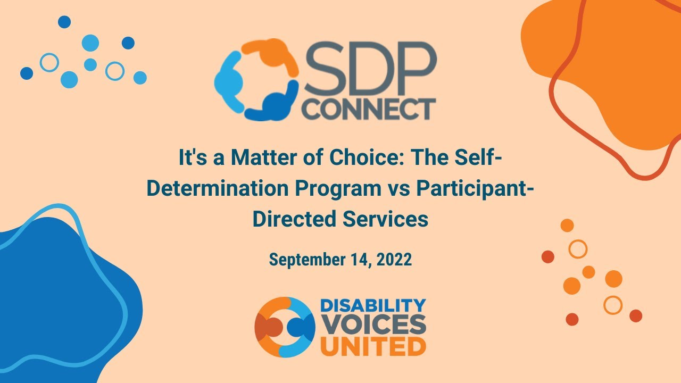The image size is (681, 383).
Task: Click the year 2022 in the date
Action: [394, 260]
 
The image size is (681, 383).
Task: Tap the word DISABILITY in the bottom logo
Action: [372, 306]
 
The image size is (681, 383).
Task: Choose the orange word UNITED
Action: [372, 347]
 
